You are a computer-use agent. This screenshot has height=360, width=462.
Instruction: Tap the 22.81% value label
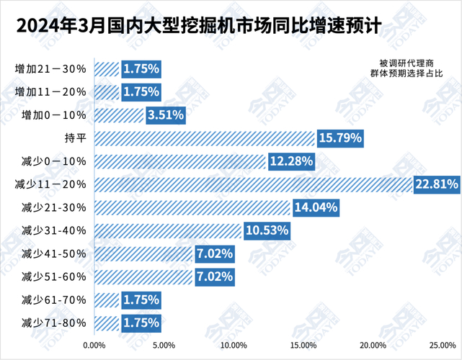[437, 184]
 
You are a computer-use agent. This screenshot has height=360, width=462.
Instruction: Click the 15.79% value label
[339, 138]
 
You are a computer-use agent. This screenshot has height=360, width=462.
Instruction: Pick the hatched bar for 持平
[204, 138]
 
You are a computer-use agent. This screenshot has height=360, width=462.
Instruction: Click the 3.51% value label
[166, 115]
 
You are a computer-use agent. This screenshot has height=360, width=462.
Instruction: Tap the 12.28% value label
[291, 161]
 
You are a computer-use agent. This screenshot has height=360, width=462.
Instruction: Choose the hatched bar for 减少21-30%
[192, 207]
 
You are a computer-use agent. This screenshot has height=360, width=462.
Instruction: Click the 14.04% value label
[315, 207]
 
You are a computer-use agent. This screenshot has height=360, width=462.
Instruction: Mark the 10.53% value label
[267, 230]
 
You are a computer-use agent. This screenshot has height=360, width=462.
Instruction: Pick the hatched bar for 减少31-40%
[167, 230]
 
